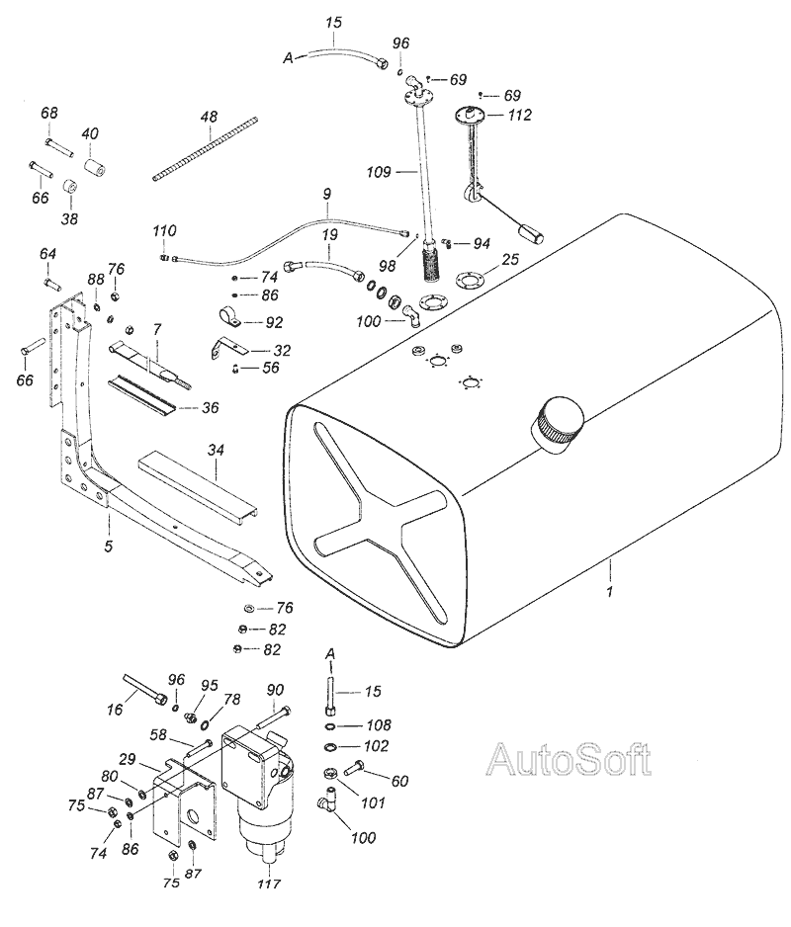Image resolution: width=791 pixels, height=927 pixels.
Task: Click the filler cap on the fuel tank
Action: [x=561, y=425]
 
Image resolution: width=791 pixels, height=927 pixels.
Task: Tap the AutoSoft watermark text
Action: [x=569, y=760]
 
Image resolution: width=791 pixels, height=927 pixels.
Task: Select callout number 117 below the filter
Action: [x=269, y=884]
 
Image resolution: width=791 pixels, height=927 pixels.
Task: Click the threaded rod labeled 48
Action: [x=206, y=148]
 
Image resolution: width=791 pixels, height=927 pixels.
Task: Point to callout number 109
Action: [x=379, y=171]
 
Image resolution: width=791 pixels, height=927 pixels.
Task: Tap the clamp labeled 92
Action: [x=230, y=316]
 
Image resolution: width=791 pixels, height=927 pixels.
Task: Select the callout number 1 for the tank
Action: [x=611, y=591]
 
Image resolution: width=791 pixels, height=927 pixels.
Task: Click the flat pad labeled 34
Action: [x=199, y=487]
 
